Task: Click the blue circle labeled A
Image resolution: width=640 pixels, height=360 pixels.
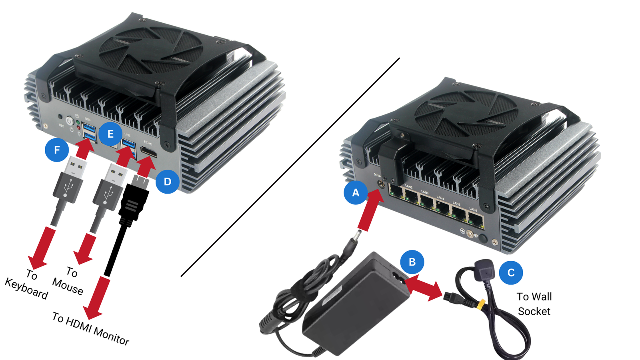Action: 356,193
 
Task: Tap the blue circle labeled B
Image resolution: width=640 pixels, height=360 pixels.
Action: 412,262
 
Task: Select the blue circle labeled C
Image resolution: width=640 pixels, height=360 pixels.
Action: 511,273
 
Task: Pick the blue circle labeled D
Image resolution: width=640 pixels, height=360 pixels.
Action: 167,182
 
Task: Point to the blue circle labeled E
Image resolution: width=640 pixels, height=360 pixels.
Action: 110,134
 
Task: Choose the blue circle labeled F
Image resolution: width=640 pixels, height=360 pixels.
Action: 57,150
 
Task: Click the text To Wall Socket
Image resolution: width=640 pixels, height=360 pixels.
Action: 534,304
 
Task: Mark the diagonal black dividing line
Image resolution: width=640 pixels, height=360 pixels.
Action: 290,167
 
